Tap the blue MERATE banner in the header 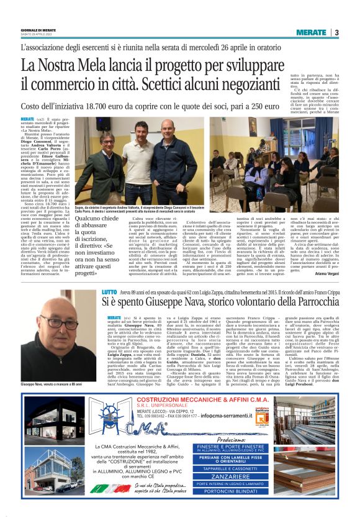tap(311, 32)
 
